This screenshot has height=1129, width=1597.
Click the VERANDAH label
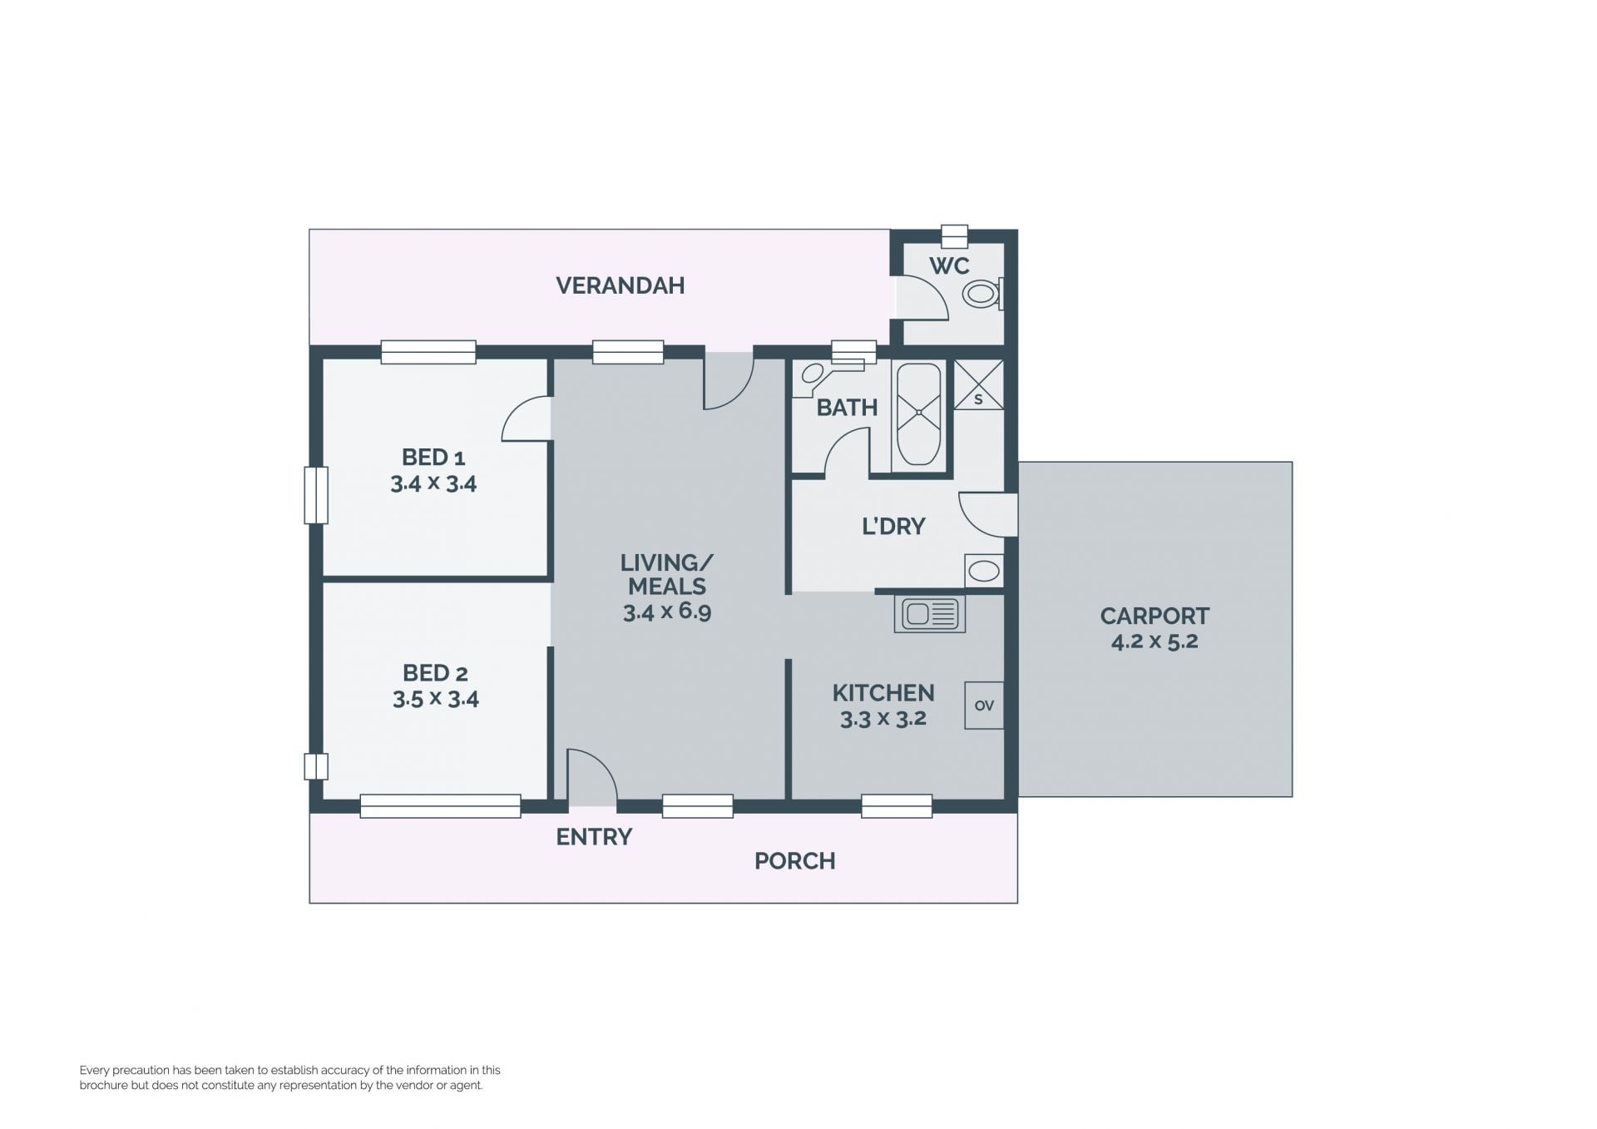tap(620, 285)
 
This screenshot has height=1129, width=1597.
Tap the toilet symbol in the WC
tap(984, 294)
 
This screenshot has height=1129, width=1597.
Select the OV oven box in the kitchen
tap(984, 706)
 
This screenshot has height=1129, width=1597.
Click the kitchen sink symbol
tap(930, 614)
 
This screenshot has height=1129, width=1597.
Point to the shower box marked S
tap(978, 384)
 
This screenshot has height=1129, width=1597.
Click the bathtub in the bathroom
tap(918, 414)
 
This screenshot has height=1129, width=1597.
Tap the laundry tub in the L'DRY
tap(984, 571)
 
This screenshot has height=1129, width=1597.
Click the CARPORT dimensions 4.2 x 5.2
tap(1154, 641)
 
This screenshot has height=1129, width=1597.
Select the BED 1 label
tap(433, 457)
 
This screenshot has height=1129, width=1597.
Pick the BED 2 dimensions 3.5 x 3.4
tap(436, 699)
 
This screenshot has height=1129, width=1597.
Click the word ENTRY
tap(594, 837)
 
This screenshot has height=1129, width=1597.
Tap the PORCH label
tap(794, 861)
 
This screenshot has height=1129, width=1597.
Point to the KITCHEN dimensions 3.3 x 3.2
tap(883, 719)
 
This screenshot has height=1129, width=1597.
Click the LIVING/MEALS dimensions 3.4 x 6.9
tap(667, 612)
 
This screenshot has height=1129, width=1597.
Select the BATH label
tap(847, 408)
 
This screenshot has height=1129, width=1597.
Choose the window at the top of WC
tap(954, 236)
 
